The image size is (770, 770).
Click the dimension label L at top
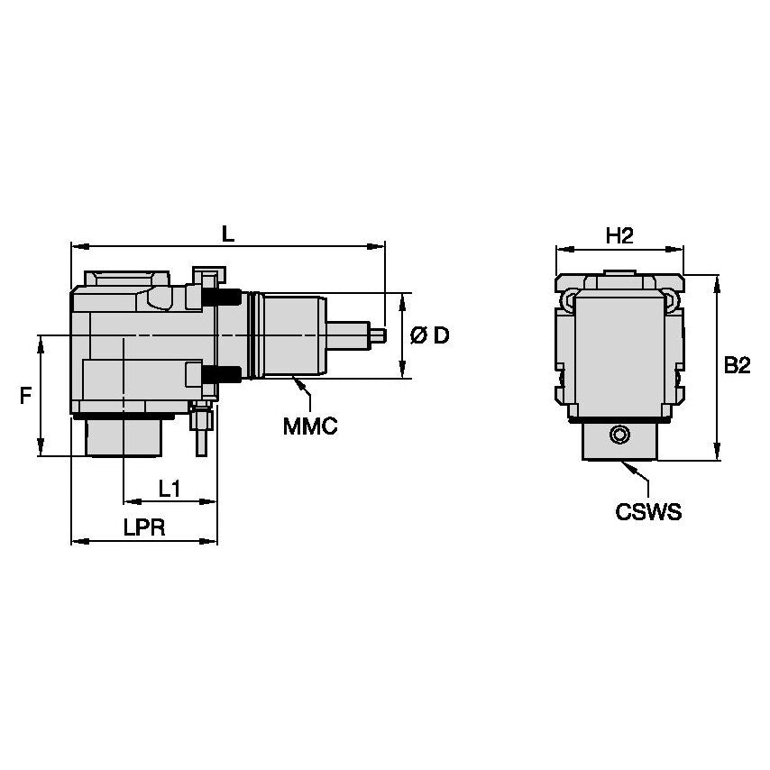pyautogui.click(x=228, y=234)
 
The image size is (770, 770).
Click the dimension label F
pyautogui.click(x=26, y=395)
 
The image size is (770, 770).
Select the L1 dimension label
pyautogui.click(x=170, y=489)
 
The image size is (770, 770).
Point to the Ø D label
pyautogui.click(x=429, y=336)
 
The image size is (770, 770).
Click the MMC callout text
pyautogui.click(x=310, y=426)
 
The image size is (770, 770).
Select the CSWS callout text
pyautogui.click(x=648, y=512)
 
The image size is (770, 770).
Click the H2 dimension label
pyautogui.click(x=619, y=236)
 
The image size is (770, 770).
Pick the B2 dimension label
pyautogui.click(x=737, y=365)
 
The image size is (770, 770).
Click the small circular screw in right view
pyautogui.click(x=619, y=436)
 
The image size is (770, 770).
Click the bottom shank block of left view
pyautogui.click(x=124, y=437)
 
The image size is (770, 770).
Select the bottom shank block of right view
pyautogui.click(x=619, y=442)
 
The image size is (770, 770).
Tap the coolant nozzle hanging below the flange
pyautogui.click(x=201, y=433)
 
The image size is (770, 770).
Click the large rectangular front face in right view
pyautogui.click(x=619, y=352)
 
